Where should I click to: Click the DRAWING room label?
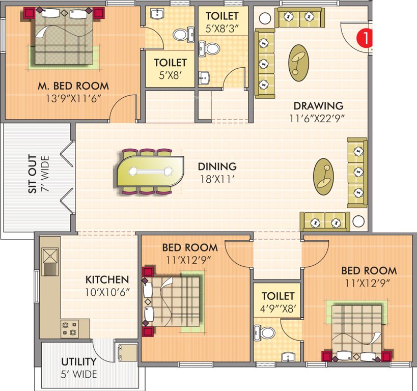click(318, 106)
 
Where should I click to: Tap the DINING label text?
click(217, 166)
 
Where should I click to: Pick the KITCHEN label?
click(107, 280)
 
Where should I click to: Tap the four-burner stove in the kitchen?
click(69, 328)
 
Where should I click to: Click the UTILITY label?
click(79, 362)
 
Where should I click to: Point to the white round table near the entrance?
click(264, 19)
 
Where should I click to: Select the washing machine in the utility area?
click(126, 351)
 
